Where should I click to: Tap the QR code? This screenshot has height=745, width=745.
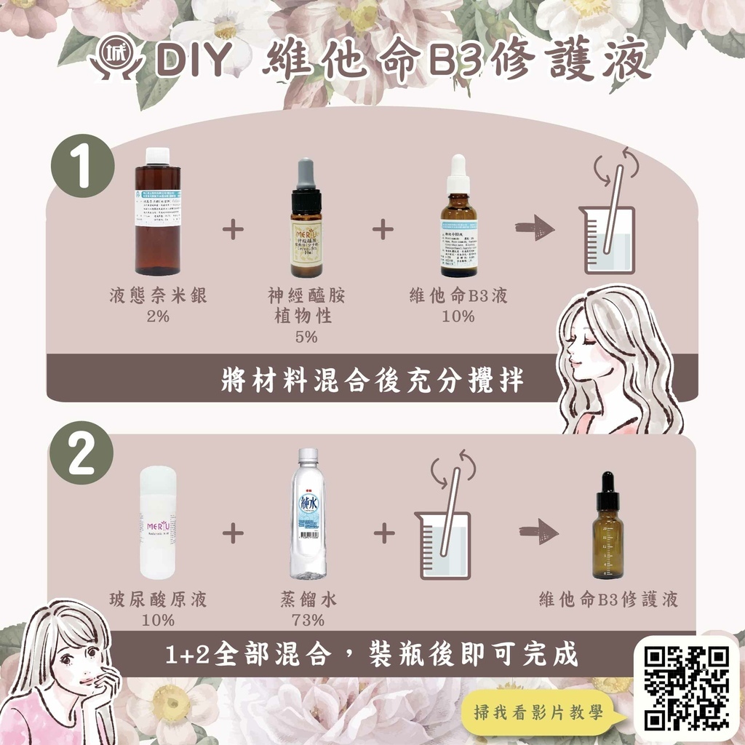pos(687,688)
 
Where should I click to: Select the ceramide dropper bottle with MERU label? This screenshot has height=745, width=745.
pos(306,218)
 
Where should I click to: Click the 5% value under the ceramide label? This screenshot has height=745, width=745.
pos(306,336)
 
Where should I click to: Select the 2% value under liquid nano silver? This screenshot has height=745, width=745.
pos(157,316)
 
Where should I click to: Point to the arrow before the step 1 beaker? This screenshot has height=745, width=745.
pos(535,228)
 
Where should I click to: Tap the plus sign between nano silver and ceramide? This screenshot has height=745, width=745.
pos(233,230)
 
